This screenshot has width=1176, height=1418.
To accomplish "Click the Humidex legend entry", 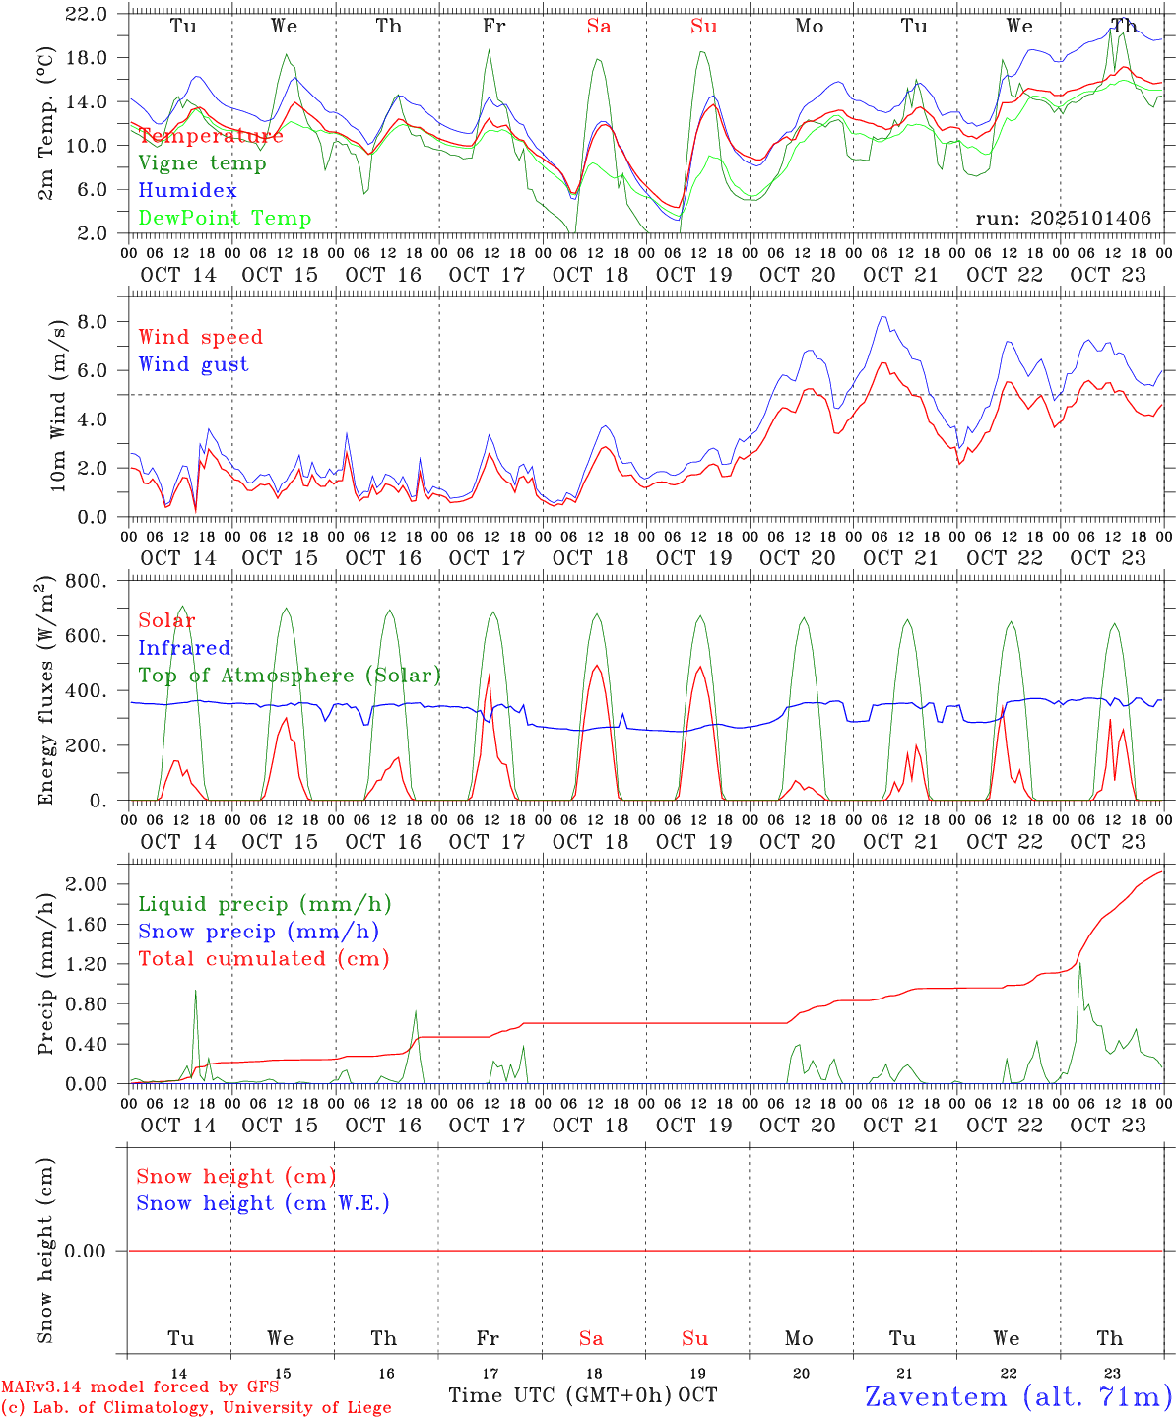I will (x=187, y=190).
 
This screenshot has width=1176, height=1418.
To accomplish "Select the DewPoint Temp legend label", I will (x=225, y=218).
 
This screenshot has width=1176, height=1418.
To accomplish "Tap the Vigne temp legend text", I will (x=202, y=162).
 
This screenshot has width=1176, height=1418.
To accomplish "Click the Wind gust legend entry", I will (x=193, y=364).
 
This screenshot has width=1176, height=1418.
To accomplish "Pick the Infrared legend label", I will (x=184, y=648).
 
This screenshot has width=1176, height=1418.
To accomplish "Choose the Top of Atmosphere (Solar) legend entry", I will (x=289, y=676).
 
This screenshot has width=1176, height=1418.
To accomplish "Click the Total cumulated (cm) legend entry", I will (x=263, y=958).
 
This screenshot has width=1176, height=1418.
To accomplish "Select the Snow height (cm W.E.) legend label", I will (x=263, y=1203).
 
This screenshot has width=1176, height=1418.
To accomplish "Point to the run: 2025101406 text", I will (x=1063, y=219).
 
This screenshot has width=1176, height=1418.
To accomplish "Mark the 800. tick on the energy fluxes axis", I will (x=87, y=581).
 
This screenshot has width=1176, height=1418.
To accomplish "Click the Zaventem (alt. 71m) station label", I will (x=1018, y=1396).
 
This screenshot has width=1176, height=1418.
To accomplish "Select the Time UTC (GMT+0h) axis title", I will (x=560, y=1395).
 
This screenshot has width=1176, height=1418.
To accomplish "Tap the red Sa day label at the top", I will (x=599, y=27).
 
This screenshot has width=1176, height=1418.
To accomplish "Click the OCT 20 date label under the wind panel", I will (x=797, y=558).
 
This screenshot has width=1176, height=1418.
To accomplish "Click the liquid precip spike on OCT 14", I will (x=195, y=993).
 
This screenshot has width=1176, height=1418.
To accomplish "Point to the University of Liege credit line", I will (x=196, y=1408).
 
